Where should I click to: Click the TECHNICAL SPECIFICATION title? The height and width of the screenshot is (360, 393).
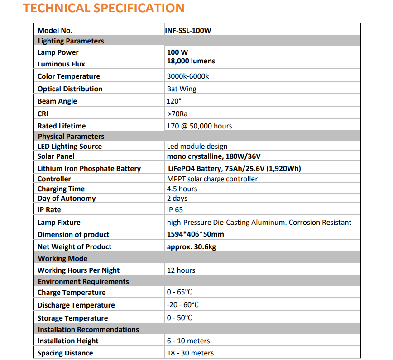104,8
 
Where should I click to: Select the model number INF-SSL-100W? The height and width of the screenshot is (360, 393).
188,31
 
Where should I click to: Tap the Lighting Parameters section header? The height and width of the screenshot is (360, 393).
71,41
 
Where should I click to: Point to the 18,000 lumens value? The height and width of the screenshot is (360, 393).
191,61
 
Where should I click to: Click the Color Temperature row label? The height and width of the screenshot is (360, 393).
69,76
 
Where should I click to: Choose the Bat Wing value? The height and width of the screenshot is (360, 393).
182,89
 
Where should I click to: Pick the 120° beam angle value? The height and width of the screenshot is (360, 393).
174,101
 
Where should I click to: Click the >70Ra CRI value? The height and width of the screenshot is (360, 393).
177,114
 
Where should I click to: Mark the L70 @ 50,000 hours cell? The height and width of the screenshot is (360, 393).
199,126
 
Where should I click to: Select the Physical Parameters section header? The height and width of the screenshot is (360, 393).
71,137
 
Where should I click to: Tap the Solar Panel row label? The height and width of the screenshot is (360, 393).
56,156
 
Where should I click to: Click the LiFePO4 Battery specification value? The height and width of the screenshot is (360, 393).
234,169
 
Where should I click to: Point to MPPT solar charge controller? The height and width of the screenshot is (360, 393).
212,179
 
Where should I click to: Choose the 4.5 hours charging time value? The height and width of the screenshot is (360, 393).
182,189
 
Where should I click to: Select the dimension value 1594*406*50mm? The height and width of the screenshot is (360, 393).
195,234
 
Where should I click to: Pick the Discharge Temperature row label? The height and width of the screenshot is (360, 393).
76,305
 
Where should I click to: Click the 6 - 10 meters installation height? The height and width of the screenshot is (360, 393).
188,341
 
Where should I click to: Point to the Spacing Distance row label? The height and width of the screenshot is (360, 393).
65,353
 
